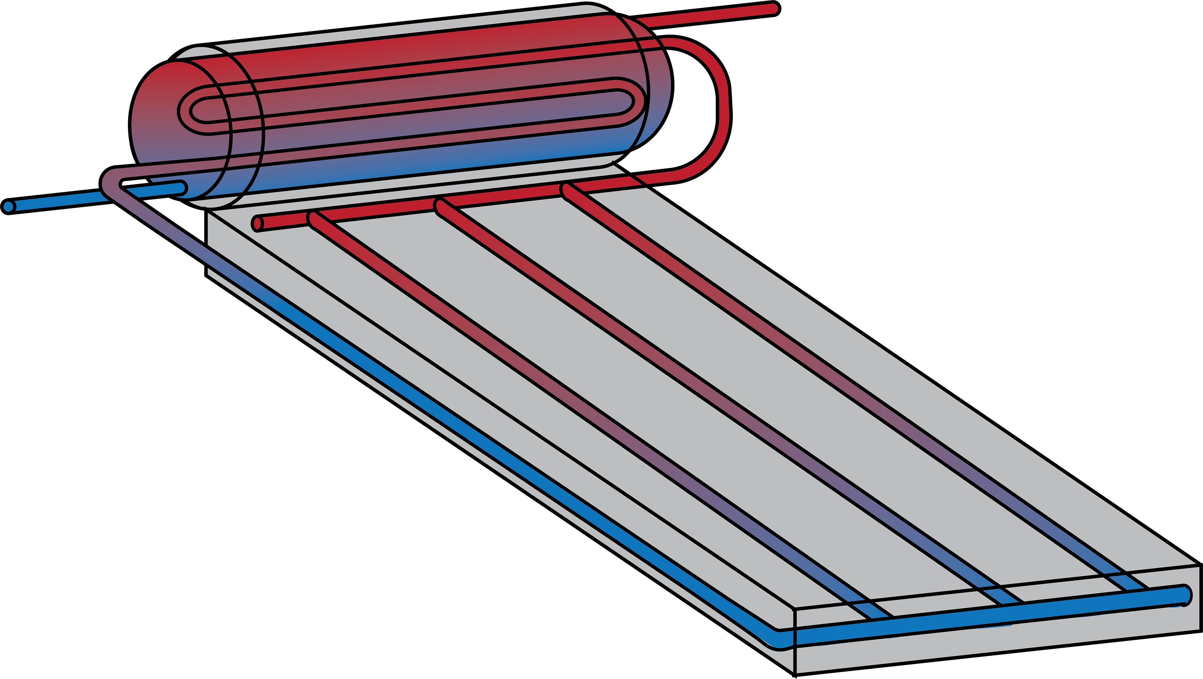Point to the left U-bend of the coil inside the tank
click(187, 112)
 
